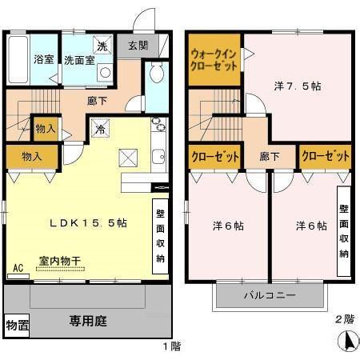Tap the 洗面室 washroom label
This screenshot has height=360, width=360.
79,59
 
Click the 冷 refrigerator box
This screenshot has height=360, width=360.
100,127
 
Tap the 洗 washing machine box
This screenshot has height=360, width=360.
102,44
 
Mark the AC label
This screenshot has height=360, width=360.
18,269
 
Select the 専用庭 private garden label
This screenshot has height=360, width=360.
87,322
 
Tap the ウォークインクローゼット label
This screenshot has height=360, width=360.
213,61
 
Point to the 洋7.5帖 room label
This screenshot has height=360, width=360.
298,86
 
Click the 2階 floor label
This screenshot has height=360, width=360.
343,318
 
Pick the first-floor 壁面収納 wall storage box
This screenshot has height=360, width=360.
160,231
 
